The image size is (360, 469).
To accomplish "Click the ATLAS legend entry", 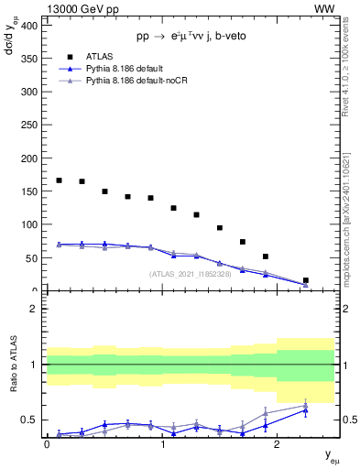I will pyautogui.click(x=101, y=57).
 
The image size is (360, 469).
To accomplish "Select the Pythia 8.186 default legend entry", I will pyautogui.click(x=125, y=69).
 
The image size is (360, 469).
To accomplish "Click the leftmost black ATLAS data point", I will pyautogui.click(x=60, y=180).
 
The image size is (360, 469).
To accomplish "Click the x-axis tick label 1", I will pyautogui.click(x=162, y=445).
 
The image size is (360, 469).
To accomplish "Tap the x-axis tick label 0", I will pyautogui.click(x=47, y=445).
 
